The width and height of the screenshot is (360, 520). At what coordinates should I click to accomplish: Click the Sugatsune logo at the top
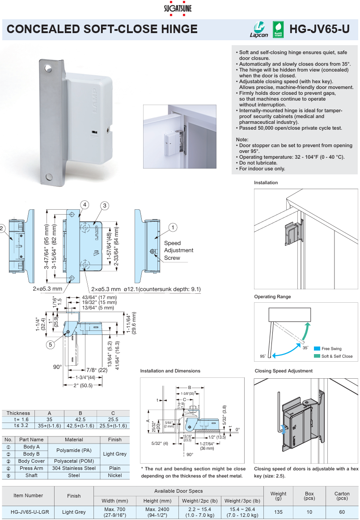click(180, 8)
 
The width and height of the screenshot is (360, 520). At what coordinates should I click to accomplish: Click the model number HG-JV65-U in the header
click(319, 29)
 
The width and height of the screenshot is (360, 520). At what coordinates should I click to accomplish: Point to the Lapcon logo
click(258, 29)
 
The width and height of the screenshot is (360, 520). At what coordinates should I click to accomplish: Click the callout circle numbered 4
click(85, 204)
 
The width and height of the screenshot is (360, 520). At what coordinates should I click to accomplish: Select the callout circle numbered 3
click(104, 206)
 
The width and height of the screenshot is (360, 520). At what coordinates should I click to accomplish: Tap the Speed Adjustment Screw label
click(178, 250)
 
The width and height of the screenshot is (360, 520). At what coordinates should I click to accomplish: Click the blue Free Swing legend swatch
click(317, 349)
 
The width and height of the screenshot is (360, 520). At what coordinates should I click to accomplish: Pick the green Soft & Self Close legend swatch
click(317, 356)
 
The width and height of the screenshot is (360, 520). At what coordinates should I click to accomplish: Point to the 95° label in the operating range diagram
click(263, 356)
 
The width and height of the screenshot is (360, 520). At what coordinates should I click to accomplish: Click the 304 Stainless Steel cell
click(74, 468)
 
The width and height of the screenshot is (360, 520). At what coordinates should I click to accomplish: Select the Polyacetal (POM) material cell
click(74, 461)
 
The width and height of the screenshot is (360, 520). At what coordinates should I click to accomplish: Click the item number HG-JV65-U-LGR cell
click(28, 512)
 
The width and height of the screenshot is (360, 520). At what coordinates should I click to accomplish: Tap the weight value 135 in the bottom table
click(279, 512)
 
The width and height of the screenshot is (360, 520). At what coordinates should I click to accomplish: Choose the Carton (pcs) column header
click(342, 495)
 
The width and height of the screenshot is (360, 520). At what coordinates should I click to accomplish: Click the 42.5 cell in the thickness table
click(80, 419)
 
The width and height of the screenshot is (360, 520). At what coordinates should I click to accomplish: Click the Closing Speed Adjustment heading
click(284, 371)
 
